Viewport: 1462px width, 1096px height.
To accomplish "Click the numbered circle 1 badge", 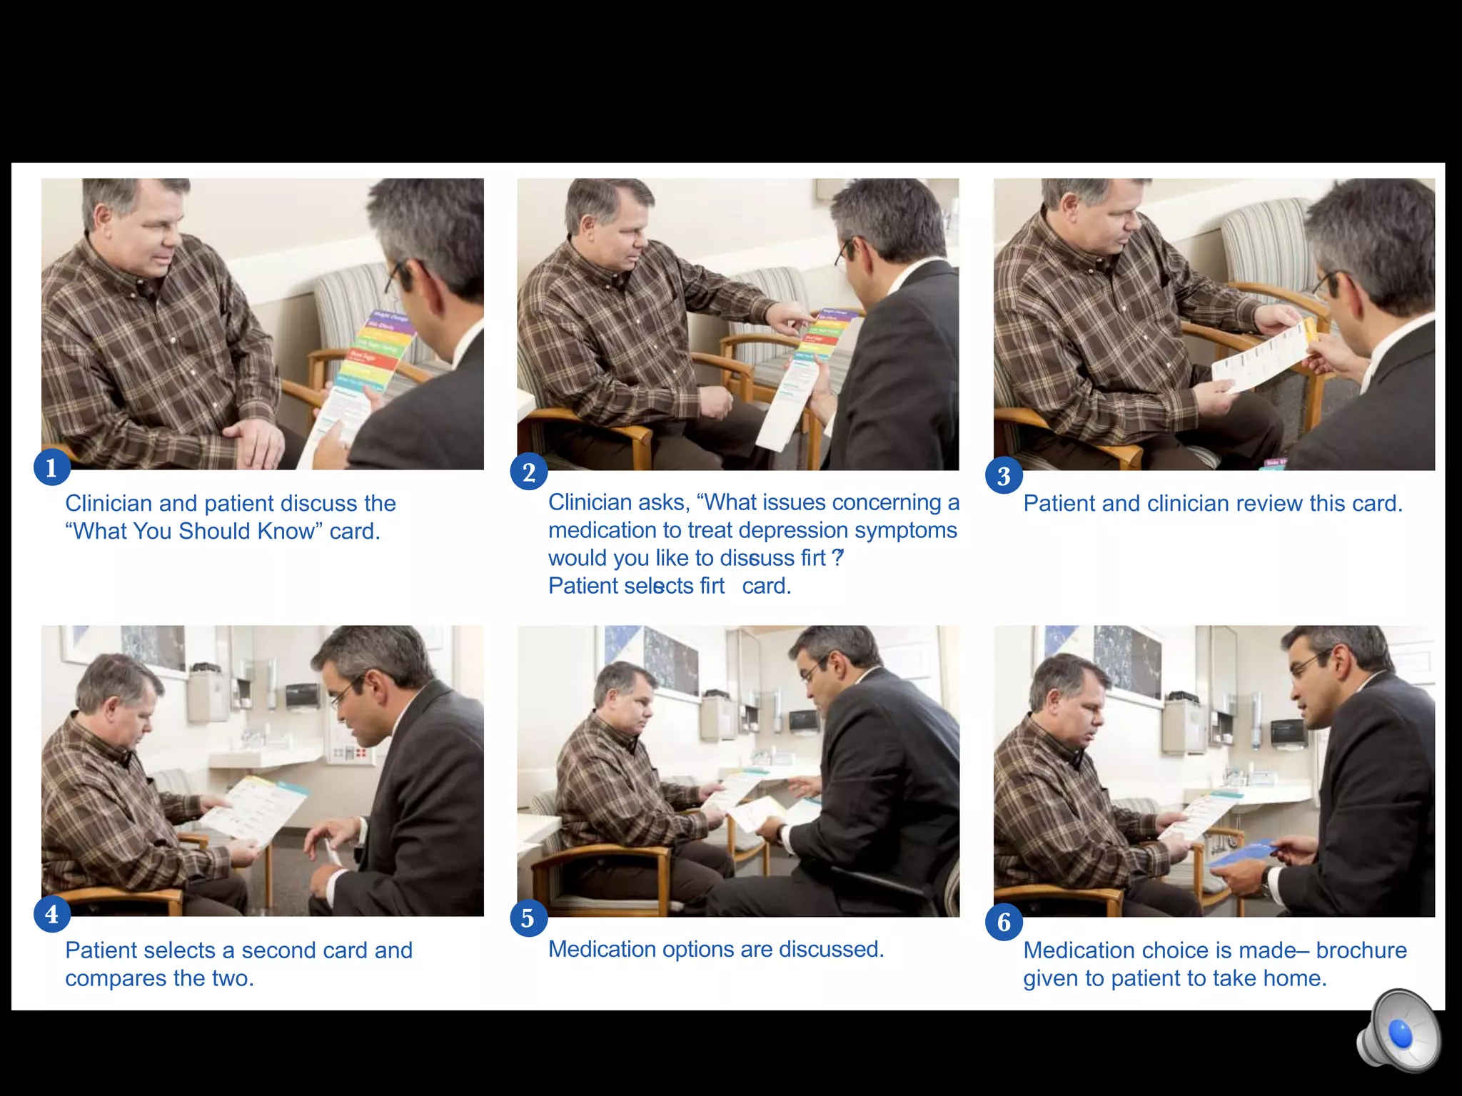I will [51, 468].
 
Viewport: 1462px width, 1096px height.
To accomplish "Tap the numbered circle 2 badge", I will [528, 472].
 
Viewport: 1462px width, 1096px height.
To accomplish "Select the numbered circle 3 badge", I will [1004, 476].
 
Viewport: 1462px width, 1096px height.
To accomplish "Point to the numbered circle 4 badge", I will [51, 915].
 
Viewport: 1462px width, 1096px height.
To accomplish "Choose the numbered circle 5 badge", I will [528, 918].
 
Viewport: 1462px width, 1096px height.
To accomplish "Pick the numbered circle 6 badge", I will [1004, 923].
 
